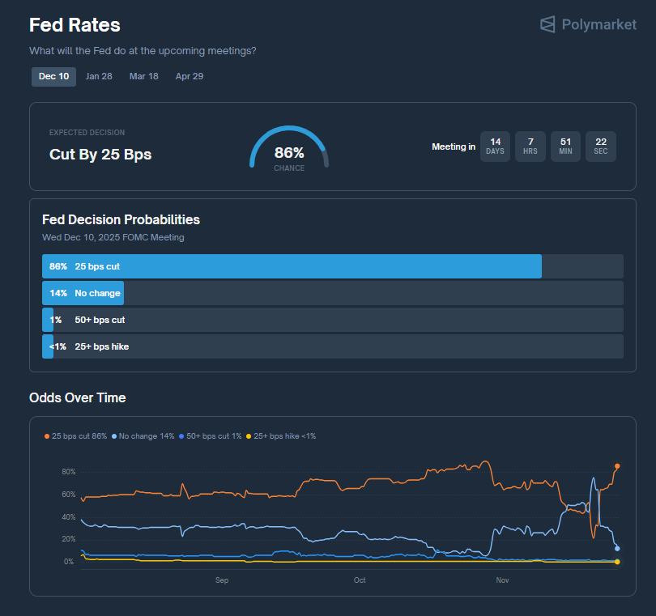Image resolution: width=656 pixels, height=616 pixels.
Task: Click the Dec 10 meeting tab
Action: point(53,76)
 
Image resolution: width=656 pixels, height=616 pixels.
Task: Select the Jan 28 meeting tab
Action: point(99,76)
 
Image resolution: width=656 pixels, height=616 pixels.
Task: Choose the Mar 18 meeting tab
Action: point(144,76)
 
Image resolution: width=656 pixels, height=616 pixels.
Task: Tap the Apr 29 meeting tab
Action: point(190,76)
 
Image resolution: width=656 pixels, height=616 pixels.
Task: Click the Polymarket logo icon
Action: point(548,24)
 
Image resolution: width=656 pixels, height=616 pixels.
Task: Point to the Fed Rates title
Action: point(75,25)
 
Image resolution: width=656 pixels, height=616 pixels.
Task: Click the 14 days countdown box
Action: point(495,147)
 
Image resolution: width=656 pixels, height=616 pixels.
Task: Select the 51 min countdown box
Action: point(565,147)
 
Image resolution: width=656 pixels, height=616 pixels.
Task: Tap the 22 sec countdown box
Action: point(600,147)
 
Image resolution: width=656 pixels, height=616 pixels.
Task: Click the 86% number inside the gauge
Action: point(289,153)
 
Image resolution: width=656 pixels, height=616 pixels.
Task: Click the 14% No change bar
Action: point(83,293)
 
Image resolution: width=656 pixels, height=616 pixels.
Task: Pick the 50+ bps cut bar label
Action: point(100,320)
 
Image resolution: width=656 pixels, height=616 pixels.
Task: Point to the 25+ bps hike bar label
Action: point(101,346)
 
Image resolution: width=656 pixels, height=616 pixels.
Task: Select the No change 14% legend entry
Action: point(143,436)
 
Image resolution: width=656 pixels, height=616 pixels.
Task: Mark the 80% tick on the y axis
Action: point(68,472)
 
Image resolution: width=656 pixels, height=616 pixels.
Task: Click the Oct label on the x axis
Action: point(360,580)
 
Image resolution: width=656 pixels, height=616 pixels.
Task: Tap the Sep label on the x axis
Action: point(222,580)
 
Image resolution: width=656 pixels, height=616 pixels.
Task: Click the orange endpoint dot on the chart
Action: point(617,466)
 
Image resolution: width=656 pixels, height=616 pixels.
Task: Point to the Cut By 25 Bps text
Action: point(100,155)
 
